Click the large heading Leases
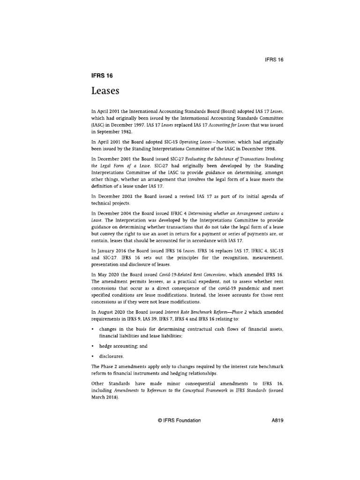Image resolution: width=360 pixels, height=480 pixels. coord(106,92)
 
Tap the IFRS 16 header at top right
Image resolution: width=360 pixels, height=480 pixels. coord(275,60)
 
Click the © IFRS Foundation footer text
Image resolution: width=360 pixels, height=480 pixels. coord(180,420)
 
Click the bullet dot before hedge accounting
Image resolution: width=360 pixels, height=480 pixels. coord(92,346)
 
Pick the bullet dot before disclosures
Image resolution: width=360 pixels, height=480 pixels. coord(92,356)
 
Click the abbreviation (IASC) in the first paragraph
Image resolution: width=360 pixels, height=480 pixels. coord(97,125)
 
